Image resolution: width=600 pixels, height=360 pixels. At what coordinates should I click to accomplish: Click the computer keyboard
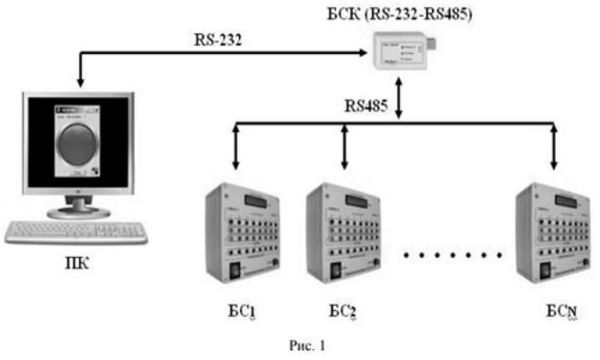(75, 233)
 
